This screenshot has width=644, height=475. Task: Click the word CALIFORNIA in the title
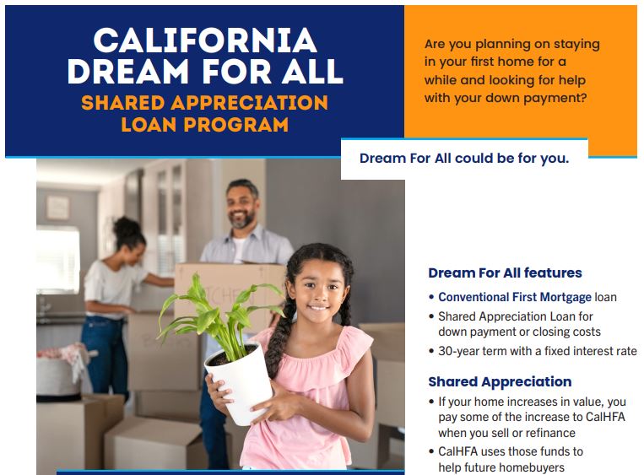pyautogui.click(x=205, y=40)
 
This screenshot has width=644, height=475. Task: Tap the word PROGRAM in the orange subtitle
pyautogui.click(x=235, y=125)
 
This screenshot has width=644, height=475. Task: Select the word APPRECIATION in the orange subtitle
pyautogui.click(x=250, y=103)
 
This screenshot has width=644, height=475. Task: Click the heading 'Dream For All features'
pyautogui.click(x=505, y=273)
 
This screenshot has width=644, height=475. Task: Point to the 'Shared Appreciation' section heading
pyautogui.click(x=500, y=381)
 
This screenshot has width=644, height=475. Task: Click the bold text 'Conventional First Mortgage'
pyautogui.click(x=515, y=297)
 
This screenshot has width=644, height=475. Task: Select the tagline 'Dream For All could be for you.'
pyautogui.click(x=464, y=158)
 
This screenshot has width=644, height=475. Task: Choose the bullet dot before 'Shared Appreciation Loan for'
pyautogui.click(x=431, y=316)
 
